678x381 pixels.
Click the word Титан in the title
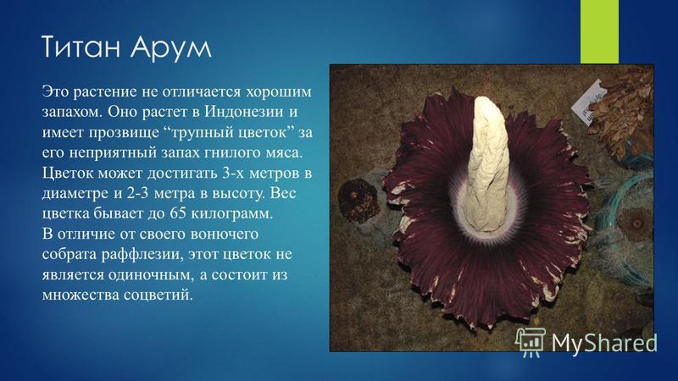tap(81, 47)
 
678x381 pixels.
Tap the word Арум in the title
tap(171, 47)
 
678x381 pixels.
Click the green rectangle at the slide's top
tap(599, 31)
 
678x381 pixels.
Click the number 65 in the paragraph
tap(178, 213)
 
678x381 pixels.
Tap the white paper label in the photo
tap(587, 102)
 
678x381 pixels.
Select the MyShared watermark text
tap(604, 343)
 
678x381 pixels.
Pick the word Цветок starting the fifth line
tap(68, 174)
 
